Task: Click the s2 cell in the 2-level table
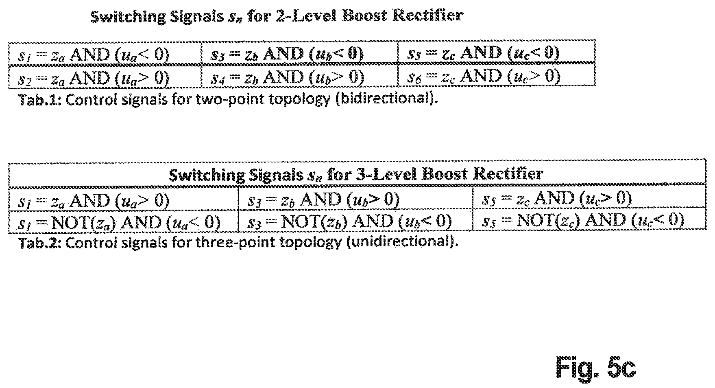pyautogui.click(x=105, y=76)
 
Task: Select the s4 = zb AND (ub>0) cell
pyautogui.click(x=300, y=76)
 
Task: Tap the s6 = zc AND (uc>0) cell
pyautogui.click(x=497, y=76)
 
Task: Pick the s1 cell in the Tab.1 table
pyautogui.click(x=105, y=53)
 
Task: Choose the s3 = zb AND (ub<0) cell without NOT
pyautogui.click(x=300, y=53)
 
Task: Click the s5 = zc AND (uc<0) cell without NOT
pyautogui.click(x=497, y=53)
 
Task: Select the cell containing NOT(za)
pyautogui.click(x=123, y=221)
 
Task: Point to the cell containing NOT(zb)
pyautogui.click(x=355, y=221)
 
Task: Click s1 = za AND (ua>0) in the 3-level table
pyautogui.click(x=123, y=199)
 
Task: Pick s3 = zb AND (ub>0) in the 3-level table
pyautogui.click(x=355, y=199)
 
